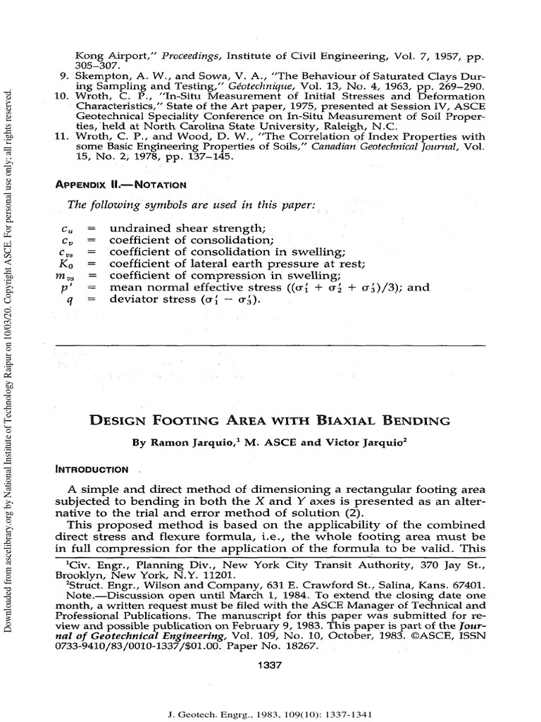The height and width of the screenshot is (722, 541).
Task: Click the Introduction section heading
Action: [92, 469]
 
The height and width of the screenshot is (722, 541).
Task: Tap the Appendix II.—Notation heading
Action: [120, 184]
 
